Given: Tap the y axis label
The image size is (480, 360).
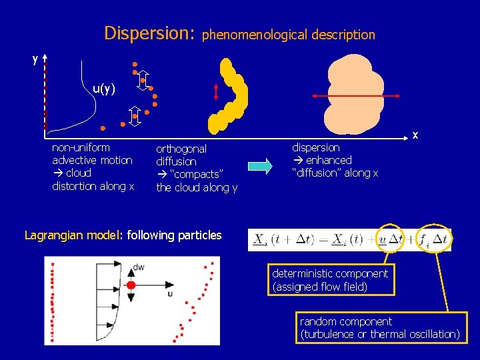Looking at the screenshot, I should click(x=35, y=59).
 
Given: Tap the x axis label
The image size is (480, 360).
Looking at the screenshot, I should click(x=415, y=135).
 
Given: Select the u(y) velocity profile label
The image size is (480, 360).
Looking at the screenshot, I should click(x=104, y=88).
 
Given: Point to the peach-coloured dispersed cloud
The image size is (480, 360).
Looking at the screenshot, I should click(x=353, y=93).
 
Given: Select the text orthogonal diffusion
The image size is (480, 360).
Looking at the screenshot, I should click(x=181, y=155).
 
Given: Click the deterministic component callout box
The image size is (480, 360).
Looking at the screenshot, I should click(x=330, y=280).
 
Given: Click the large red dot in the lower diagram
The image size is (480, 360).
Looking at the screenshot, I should click(x=131, y=285).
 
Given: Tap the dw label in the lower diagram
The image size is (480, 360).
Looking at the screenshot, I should click(x=138, y=267).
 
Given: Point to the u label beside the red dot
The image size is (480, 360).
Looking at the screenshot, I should click(x=170, y=293).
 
